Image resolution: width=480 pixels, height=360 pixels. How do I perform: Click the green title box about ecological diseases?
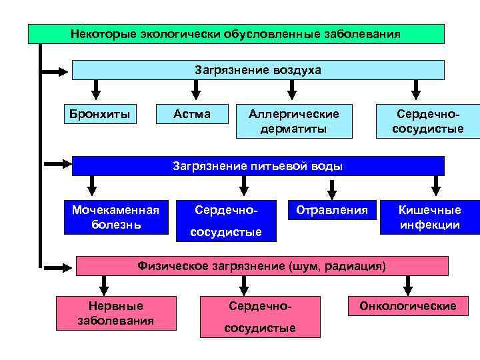[236, 33]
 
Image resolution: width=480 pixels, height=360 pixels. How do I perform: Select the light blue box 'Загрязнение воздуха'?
[258, 70]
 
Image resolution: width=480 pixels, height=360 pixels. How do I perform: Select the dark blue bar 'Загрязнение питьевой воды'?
[258, 166]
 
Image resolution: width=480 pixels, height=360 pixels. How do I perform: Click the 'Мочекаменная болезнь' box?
[116, 217]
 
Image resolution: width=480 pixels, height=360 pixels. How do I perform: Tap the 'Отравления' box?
[331, 211]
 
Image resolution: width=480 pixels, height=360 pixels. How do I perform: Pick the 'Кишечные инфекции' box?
[430, 217]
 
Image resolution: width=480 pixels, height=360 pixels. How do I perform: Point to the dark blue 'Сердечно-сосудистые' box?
[226, 221]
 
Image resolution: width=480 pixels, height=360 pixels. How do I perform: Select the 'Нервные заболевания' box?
[116, 313]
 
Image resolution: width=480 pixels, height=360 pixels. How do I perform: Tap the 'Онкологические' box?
[408, 306]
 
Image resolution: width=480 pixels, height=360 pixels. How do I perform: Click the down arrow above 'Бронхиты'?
[96, 89]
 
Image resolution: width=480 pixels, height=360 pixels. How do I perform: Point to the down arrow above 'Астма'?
[196, 89]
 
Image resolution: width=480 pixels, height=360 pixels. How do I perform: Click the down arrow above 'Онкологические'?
[407, 285]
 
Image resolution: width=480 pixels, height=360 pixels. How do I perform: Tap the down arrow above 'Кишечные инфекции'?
[437, 185]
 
